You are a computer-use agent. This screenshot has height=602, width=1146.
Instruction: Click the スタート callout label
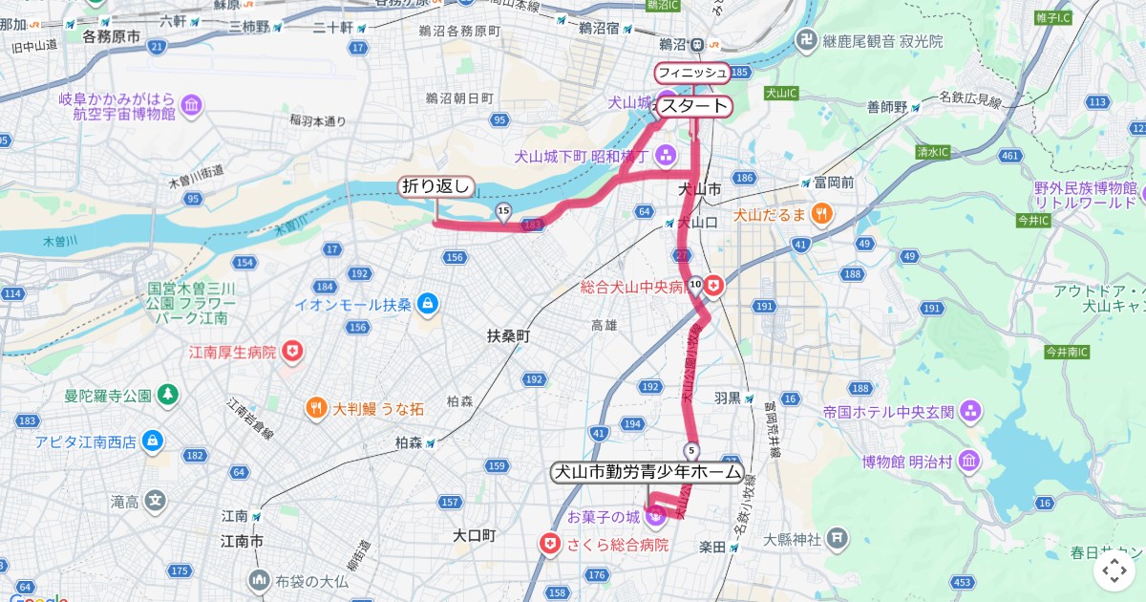click(694, 106)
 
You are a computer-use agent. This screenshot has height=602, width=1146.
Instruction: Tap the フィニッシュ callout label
click(691, 73)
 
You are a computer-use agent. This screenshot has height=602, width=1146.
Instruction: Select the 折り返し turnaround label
click(435, 186)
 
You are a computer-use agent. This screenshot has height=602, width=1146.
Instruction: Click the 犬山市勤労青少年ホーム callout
click(647, 472)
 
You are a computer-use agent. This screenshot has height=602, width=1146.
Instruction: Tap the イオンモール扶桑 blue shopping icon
click(427, 304)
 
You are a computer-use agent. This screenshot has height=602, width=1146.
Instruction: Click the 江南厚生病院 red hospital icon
click(292, 352)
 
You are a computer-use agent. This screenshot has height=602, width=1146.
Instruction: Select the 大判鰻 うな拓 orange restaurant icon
click(316, 409)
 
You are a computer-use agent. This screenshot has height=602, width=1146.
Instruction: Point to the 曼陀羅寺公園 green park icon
click(168, 395)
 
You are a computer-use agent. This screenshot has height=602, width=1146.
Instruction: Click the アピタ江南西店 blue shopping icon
click(152, 441)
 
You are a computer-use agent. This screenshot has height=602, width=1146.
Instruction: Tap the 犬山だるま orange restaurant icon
click(820, 215)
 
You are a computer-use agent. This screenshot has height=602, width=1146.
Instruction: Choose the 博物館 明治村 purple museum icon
click(968, 462)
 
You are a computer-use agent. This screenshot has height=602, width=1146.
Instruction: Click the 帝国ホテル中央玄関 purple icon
click(970, 412)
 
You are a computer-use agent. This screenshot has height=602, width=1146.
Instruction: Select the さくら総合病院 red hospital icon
click(550, 545)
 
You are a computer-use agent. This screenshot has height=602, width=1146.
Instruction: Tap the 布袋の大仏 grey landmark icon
click(259, 580)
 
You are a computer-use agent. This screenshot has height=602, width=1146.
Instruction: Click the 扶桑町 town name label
click(508, 336)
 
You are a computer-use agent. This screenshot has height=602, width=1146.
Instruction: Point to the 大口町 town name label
click(475, 535)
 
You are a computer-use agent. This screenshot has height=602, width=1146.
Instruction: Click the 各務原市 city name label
click(112, 37)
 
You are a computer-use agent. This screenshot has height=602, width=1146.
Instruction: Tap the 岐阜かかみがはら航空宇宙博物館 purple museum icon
click(190, 104)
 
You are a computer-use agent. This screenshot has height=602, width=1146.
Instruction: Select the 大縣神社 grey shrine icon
click(837, 539)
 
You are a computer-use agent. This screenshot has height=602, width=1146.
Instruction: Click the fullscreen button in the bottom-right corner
click(1114, 571)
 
